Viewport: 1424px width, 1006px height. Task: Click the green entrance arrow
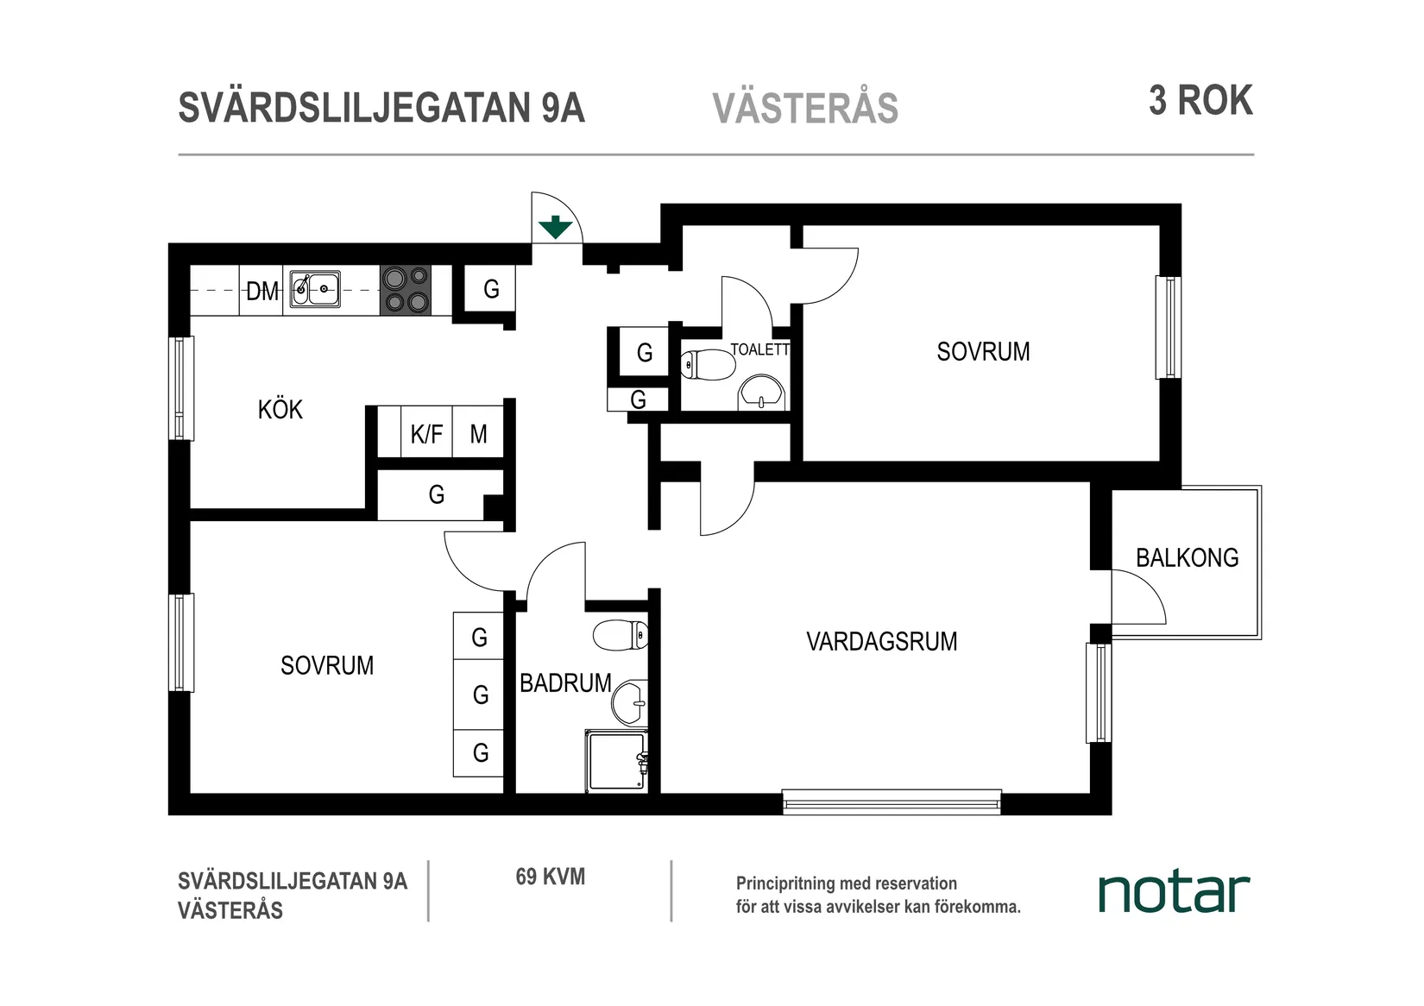(x=555, y=227)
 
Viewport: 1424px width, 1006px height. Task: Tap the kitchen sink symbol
(x=315, y=288)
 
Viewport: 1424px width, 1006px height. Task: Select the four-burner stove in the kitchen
(x=406, y=289)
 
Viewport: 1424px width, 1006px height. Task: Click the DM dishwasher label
(x=262, y=292)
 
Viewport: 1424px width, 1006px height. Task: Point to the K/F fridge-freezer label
(x=426, y=434)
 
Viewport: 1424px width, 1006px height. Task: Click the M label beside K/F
(x=478, y=434)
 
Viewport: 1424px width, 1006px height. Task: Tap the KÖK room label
(x=280, y=409)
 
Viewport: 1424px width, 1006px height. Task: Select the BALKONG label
(x=1187, y=558)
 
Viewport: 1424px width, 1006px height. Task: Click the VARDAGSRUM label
(x=881, y=642)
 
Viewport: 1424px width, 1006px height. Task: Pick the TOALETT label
(x=759, y=349)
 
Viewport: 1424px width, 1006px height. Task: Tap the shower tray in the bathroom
(x=615, y=761)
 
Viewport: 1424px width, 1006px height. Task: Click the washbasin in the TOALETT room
(x=761, y=393)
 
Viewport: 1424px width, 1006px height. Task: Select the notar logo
(x=1173, y=893)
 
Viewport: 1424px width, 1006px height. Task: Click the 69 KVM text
(x=550, y=877)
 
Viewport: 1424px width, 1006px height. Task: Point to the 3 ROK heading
(x=1200, y=101)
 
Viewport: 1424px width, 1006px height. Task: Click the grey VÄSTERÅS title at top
(x=805, y=109)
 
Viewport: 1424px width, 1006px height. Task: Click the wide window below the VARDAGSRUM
(x=892, y=802)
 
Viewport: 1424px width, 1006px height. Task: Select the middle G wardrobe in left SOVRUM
(x=479, y=695)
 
